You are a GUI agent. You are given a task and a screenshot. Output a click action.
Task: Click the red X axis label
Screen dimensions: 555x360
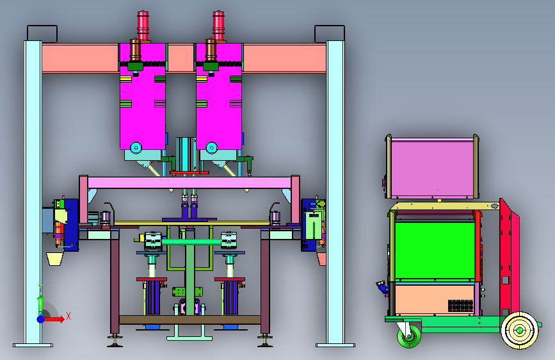pos(68,316)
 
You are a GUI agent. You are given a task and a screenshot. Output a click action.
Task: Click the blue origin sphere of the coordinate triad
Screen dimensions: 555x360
pos(41,319)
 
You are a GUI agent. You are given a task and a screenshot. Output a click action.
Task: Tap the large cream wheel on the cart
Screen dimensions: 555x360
pos(519,331)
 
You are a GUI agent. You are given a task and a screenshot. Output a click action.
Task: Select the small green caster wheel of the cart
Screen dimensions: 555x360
pos(409,335)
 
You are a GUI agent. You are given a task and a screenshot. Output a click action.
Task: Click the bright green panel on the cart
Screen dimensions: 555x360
pos(435,250)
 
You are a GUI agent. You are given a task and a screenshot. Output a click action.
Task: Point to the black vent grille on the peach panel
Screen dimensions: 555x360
pos(460,306)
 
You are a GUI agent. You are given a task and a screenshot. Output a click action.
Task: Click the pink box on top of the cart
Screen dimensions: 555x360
pos(432,168)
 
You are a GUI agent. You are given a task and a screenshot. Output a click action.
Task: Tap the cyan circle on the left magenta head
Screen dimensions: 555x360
pos(136,147)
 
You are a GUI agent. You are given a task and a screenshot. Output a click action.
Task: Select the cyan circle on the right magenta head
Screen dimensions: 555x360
pos(212,147)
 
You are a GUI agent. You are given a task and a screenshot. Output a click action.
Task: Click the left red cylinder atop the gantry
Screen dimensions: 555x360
pos(143,26)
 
